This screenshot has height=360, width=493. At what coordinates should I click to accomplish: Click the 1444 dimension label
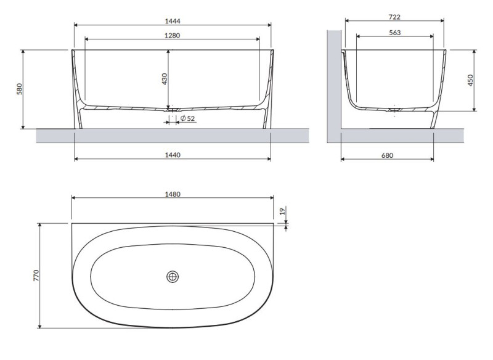click(172, 20)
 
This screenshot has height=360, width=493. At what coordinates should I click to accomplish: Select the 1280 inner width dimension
click(172, 35)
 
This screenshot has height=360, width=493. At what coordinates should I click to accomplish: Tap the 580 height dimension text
click(19, 89)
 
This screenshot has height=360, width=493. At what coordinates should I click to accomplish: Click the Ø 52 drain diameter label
click(187, 118)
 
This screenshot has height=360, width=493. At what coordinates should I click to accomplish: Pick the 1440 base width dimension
click(172, 155)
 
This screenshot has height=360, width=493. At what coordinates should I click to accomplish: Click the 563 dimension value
click(394, 33)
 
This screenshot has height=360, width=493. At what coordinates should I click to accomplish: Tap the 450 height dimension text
click(470, 81)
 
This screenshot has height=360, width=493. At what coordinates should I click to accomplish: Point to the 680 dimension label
click(386, 155)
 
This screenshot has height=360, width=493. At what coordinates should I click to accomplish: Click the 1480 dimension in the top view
click(173, 194)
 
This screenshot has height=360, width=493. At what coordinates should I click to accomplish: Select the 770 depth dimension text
click(36, 276)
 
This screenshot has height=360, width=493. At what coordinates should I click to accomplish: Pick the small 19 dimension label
click(282, 212)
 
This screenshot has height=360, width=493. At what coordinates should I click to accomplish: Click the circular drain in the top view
click(173, 277)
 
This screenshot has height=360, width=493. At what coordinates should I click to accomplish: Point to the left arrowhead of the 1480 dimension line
click(75, 198)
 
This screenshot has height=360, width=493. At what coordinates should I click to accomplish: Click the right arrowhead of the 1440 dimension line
click(269, 160)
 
